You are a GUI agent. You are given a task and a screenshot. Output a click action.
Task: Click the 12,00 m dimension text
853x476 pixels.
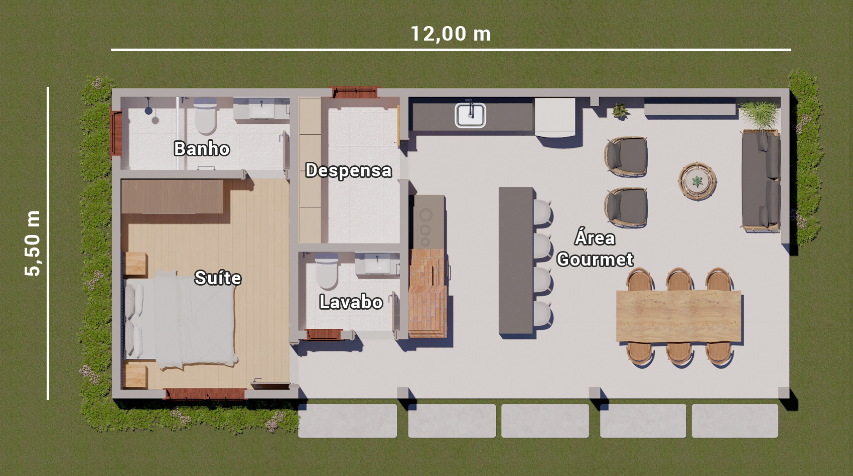click(x=450, y=34)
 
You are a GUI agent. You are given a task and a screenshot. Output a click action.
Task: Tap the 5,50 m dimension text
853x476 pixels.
click(x=33, y=244)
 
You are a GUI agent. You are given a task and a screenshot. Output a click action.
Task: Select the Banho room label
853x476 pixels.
click(x=202, y=149)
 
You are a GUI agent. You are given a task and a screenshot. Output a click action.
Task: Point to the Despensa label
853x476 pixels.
click(x=349, y=170)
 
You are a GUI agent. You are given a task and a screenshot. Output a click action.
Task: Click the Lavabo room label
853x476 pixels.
click(x=351, y=302)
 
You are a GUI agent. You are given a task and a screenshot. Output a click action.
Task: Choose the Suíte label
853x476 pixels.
click(x=218, y=278)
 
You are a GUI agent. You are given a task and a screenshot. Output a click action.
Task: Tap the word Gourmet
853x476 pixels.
click(x=595, y=260)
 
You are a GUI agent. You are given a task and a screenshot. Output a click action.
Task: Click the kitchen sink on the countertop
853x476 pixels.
click(x=470, y=115)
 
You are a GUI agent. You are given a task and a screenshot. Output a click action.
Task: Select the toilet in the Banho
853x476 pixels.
click(x=205, y=117)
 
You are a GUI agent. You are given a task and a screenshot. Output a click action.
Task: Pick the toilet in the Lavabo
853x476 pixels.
click(x=327, y=272)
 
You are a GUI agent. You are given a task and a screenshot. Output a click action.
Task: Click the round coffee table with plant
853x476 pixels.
click(x=697, y=181)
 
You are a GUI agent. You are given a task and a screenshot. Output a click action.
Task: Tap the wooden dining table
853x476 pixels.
click(x=678, y=316)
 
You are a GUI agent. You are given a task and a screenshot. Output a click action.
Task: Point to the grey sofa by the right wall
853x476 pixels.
click(x=761, y=180)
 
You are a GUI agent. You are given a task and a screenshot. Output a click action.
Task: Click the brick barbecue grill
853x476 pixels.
click(x=428, y=293)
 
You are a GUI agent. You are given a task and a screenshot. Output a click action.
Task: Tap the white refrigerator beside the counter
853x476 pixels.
click(x=554, y=117)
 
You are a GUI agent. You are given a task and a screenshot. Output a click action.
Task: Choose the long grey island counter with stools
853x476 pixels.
click(x=516, y=261)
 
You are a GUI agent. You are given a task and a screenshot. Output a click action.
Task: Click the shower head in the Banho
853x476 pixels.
click(x=149, y=110)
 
